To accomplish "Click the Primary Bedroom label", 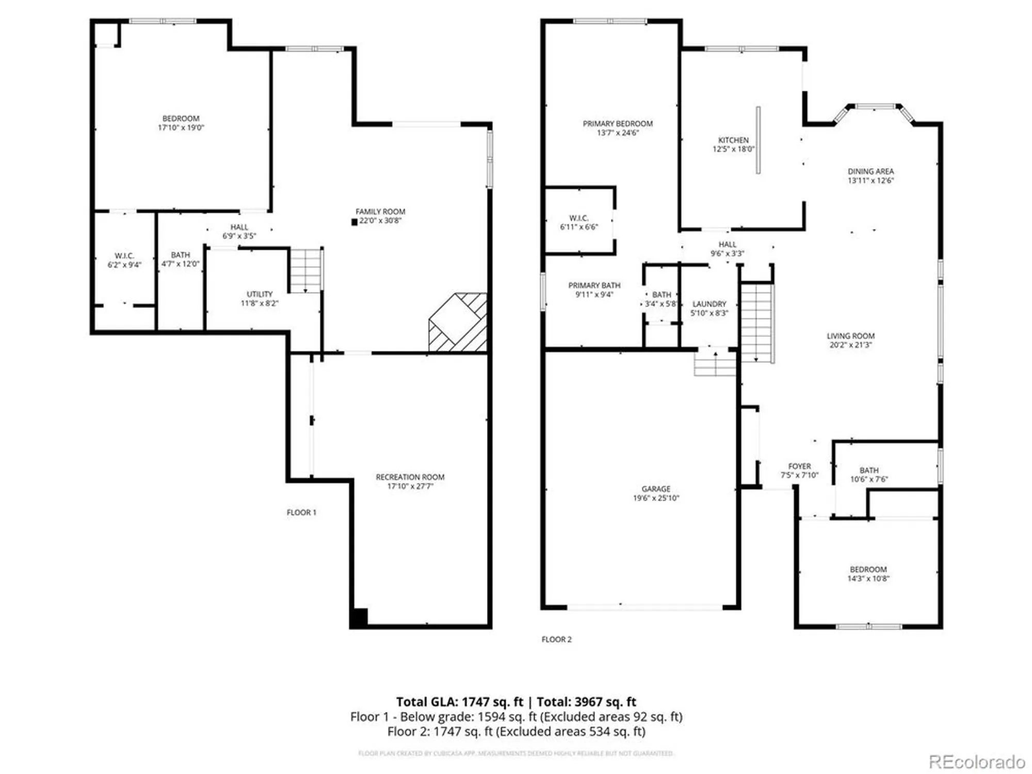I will pyautogui.click(x=618, y=124).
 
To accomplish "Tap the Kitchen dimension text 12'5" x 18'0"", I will pyautogui.click(x=733, y=150).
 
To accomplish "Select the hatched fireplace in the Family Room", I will pyautogui.click(x=458, y=322).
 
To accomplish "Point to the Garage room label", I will pyautogui.click(x=656, y=489).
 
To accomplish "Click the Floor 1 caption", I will pyautogui.click(x=301, y=512).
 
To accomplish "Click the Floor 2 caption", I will pyautogui.click(x=556, y=639).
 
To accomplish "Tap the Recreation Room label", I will pyautogui.click(x=410, y=477).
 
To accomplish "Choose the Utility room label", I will pyautogui.click(x=259, y=294).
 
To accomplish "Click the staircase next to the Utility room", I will pyautogui.click(x=306, y=270).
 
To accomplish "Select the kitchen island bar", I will pyautogui.click(x=758, y=140).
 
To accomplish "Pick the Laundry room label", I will pyautogui.click(x=709, y=304).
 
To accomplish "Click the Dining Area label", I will pyautogui.click(x=870, y=171).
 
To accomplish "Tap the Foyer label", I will pyautogui.click(x=799, y=466).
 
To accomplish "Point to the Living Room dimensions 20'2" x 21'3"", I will pyautogui.click(x=850, y=345).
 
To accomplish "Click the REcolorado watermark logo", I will pyautogui.click(x=976, y=762).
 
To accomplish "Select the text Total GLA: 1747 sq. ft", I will pyautogui.click(x=459, y=702).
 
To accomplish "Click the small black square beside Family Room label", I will pyautogui.click(x=354, y=222).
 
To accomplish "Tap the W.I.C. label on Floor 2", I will pyautogui.click(x=578, y=218).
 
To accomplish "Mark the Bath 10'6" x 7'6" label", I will pyautogui.click(x=869, y=471).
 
